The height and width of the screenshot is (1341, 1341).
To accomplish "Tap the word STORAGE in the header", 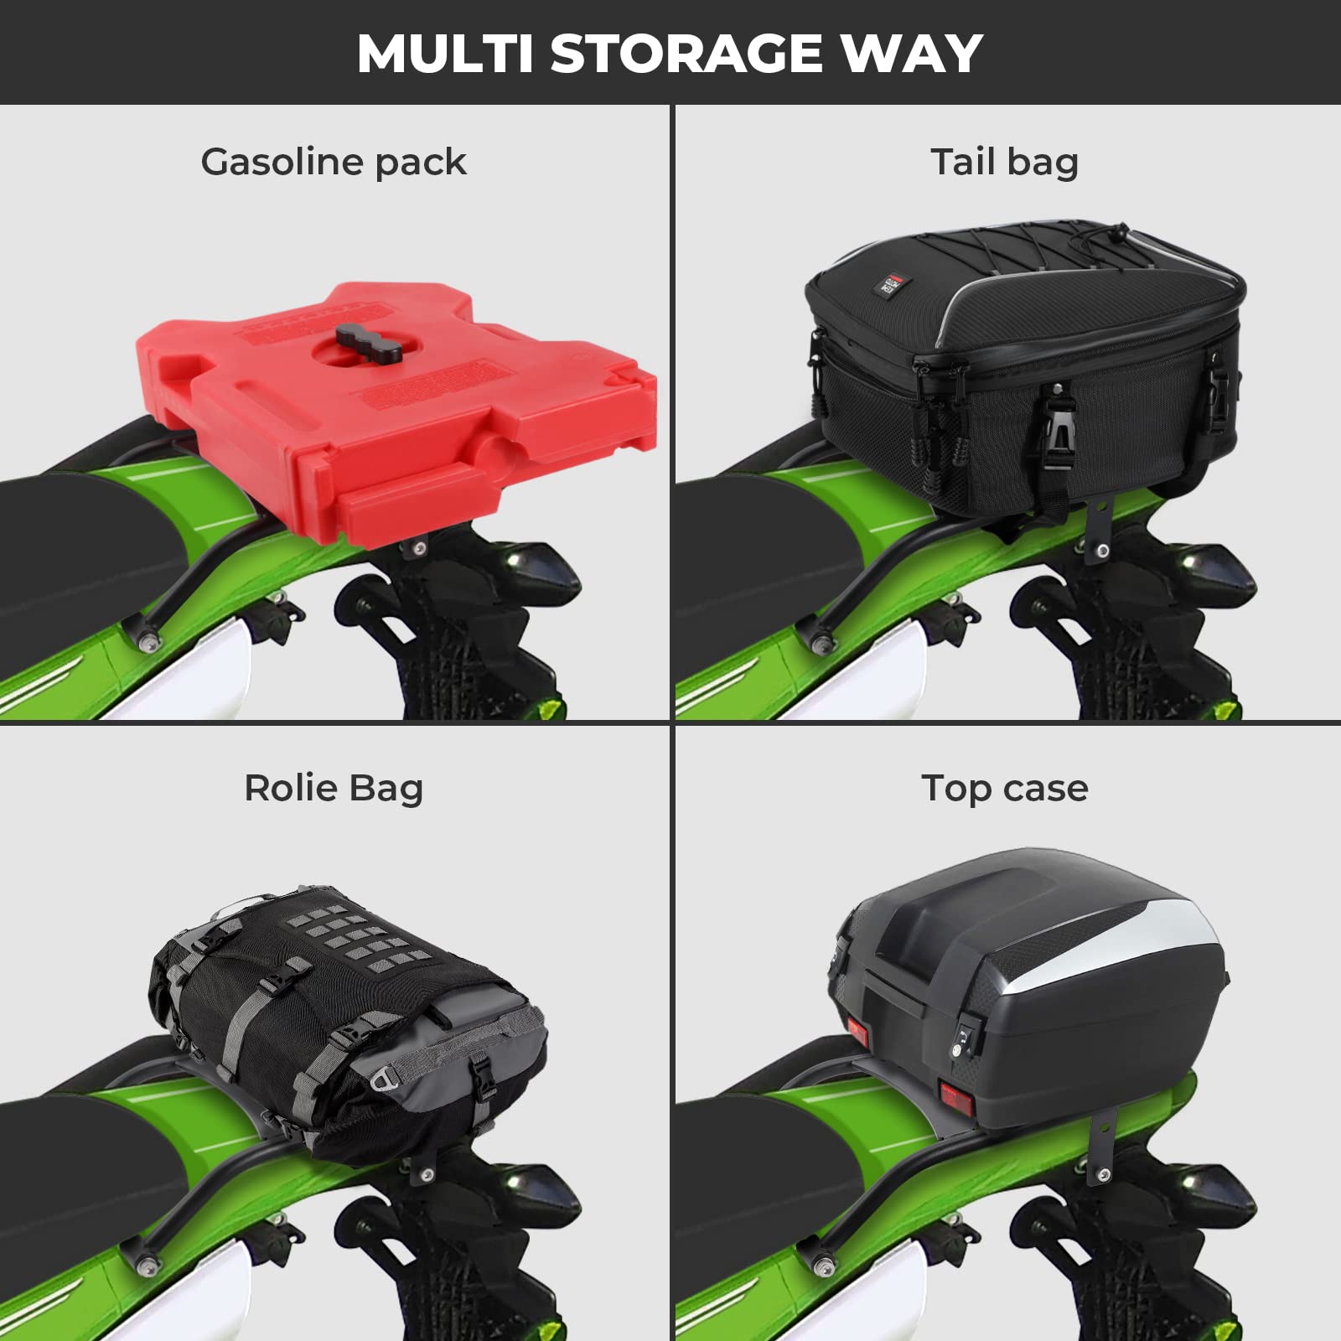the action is click(687, 54).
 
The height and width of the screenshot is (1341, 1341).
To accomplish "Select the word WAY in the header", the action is click(911, 54).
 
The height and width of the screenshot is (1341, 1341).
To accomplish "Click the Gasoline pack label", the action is click(334, 162).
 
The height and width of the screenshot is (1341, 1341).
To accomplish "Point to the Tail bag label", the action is click(1004, 162).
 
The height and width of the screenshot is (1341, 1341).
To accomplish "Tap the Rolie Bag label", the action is click(334, 788).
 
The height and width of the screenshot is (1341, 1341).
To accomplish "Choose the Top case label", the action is click(1004, 789).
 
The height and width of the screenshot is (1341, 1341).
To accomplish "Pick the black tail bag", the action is click(1023, 369).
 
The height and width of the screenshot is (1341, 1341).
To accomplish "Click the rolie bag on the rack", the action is click(348, 1023).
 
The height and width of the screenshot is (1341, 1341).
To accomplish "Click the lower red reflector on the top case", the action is click(955, 1097).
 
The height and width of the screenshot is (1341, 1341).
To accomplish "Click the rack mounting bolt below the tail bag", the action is click(1103, 550).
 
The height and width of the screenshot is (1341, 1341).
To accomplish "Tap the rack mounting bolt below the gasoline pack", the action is click(419, 548).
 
